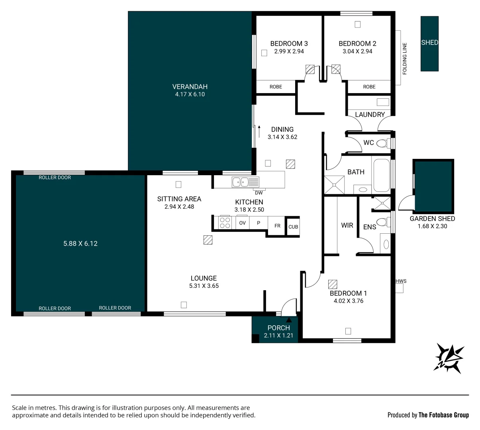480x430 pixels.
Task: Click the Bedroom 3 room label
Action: tap(289, 43)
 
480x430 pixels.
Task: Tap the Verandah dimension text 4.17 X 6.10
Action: tap(190, 94)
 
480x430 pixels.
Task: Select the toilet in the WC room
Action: tap(383, 143)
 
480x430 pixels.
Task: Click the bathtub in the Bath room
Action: tap(382, 175)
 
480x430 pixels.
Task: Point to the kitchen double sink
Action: tap(245, 182)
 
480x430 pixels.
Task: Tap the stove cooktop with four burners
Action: tap(225, 223)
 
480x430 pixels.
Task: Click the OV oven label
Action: tap(242, 223)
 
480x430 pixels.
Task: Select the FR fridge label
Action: tap(277, 226)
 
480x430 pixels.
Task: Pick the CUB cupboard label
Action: tap(293, 227)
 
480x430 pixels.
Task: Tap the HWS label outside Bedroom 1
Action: tap(401, 281)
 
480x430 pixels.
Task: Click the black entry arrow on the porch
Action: tap(289, 320)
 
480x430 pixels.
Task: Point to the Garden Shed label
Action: tap(432, 219)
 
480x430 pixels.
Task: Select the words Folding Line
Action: tap(404, 59)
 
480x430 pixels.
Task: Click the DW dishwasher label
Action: tap(259, 193)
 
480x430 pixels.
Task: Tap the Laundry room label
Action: tap(370, 115)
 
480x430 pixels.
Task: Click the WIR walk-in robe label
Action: tap(347, 225)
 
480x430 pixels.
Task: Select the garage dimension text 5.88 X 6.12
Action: tap(80, 243)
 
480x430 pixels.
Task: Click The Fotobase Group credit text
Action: tap(443, 415)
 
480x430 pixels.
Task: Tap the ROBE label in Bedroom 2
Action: tap(369, 87)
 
